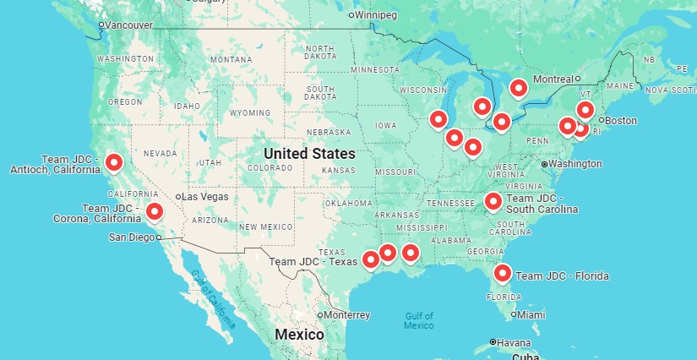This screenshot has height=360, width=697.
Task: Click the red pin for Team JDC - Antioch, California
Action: (114, 161)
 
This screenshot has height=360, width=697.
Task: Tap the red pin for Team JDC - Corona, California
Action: (154, 210)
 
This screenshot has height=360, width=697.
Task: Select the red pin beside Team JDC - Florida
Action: (503, 272)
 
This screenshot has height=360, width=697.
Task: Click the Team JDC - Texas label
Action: (313, 262)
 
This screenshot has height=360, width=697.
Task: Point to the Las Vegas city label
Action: (204, 197)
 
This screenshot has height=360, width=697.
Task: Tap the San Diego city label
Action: (133, 237)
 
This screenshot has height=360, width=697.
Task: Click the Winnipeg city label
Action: (376, 14)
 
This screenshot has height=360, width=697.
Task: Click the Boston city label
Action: (620, 120)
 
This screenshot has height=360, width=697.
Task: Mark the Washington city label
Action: (574, 162)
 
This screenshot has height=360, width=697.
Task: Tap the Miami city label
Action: (531, 314)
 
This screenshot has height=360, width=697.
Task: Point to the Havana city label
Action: (515, 342)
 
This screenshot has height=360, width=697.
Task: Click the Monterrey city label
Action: (346, 315)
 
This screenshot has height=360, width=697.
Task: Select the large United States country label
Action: (309, 154)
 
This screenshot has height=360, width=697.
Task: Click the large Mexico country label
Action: (299, 335)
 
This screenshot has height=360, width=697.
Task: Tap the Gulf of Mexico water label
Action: (418, 320)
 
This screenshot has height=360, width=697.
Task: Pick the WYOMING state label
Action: (249, 112)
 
